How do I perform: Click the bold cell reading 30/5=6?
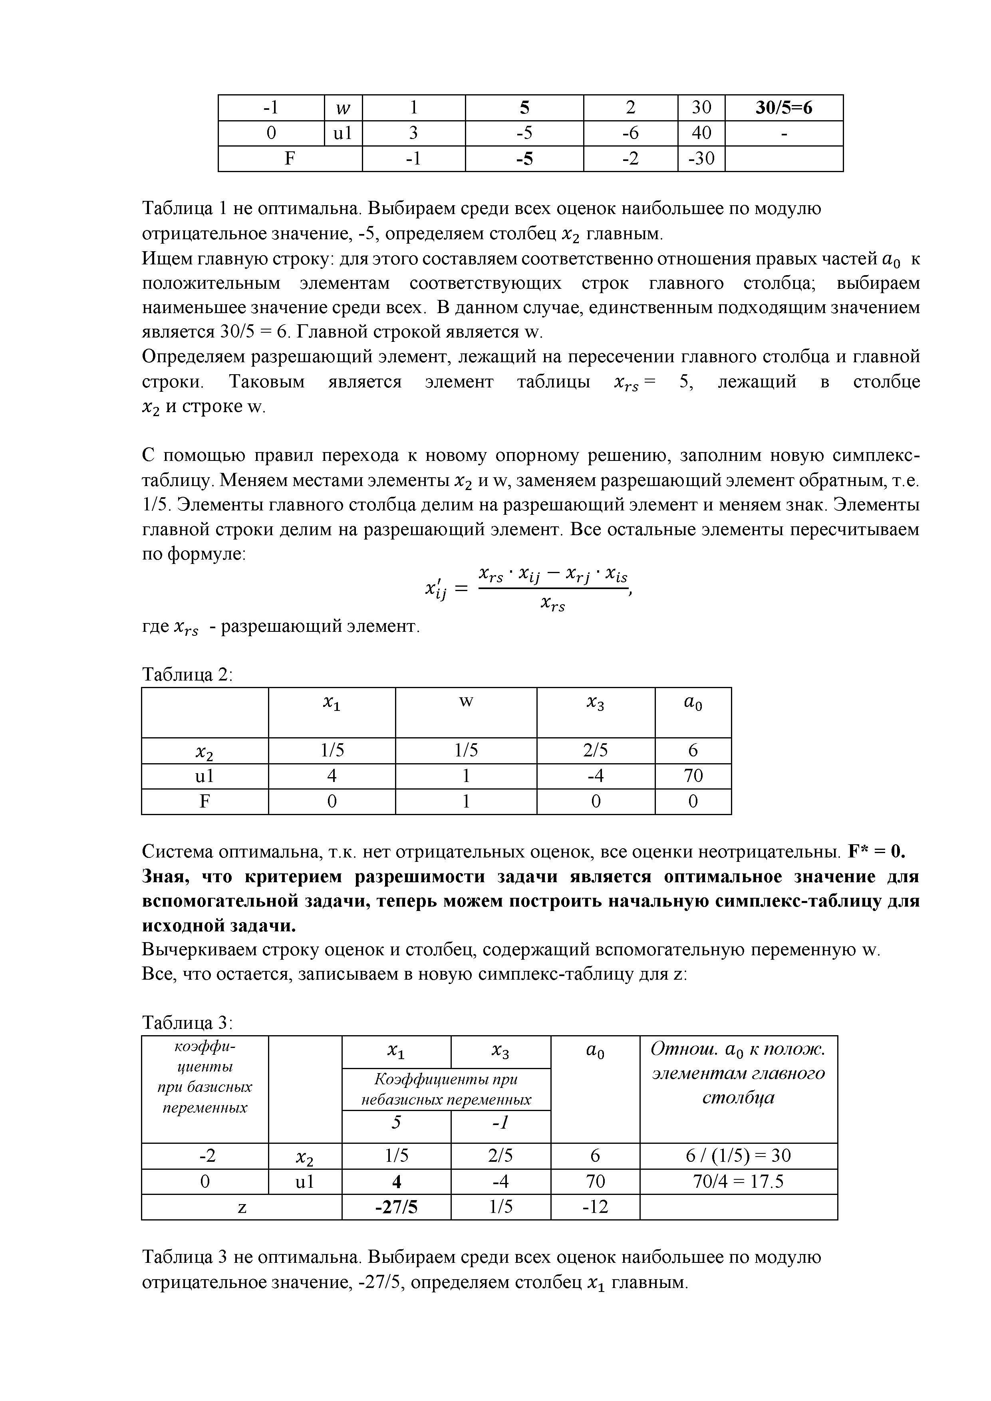pyautogui.click(x=784, y=108)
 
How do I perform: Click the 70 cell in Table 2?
pyautogui.click(x=693, y=776)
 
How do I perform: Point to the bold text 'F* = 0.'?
pyautogui.click(x=878, y=851)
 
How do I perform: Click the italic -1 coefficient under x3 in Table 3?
pyautogui.click(x=500, y=1123)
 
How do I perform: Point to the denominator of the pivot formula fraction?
pyautogui.click(x=552, y=605)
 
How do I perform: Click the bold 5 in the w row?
pyautogui.click(x=524, y=108)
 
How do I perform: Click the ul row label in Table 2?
pyautogui.click(x=205, y=776)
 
